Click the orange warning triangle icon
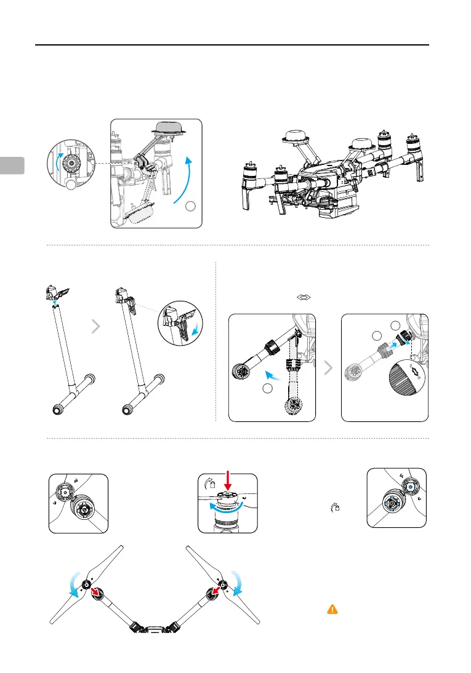pyautogui.click(x=332, y=609)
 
